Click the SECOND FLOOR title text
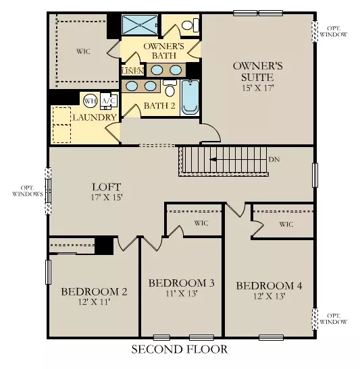[x=179, y=349]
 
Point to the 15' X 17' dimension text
[x=257, y=88]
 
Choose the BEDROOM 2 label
[x=94, y=291]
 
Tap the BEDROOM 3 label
[x=181, y=283]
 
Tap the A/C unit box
[x=107, y=101]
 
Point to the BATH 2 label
[x=159, y=106]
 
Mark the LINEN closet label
[x=131, y=70]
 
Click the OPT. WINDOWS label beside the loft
[x=27, y=190]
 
